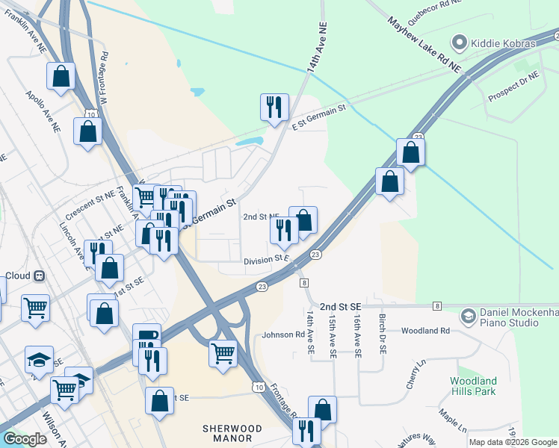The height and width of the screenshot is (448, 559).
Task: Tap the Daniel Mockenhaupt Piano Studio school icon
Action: click(468, 316)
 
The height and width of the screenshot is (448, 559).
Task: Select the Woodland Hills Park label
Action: click(473, 386)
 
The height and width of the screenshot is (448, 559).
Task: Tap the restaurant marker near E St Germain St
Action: click(274, 107)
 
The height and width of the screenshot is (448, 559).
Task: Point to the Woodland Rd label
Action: click(424, 330)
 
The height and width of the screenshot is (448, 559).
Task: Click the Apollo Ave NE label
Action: click(43, 113)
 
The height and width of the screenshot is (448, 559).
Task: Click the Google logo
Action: click(25, 439)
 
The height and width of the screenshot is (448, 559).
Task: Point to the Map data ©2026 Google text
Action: click(513, 442)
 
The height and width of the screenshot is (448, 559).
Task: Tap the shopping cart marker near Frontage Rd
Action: click(223, 352)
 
